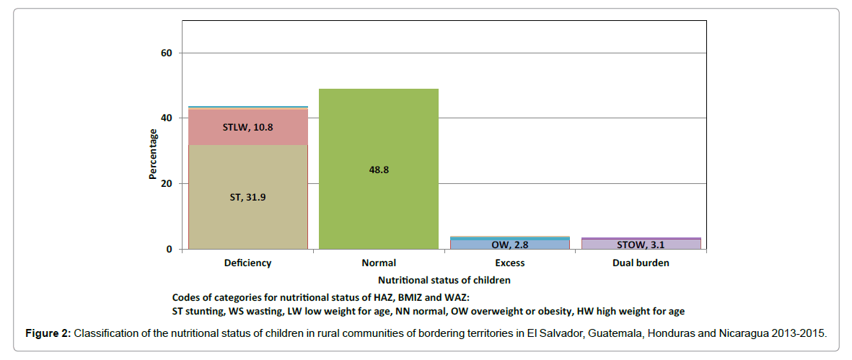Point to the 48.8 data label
378,170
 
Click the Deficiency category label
247,263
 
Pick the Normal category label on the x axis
378,263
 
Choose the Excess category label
509,263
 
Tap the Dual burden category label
641,263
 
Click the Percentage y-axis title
153,154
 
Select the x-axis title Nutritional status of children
444,280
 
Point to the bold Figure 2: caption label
49,334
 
